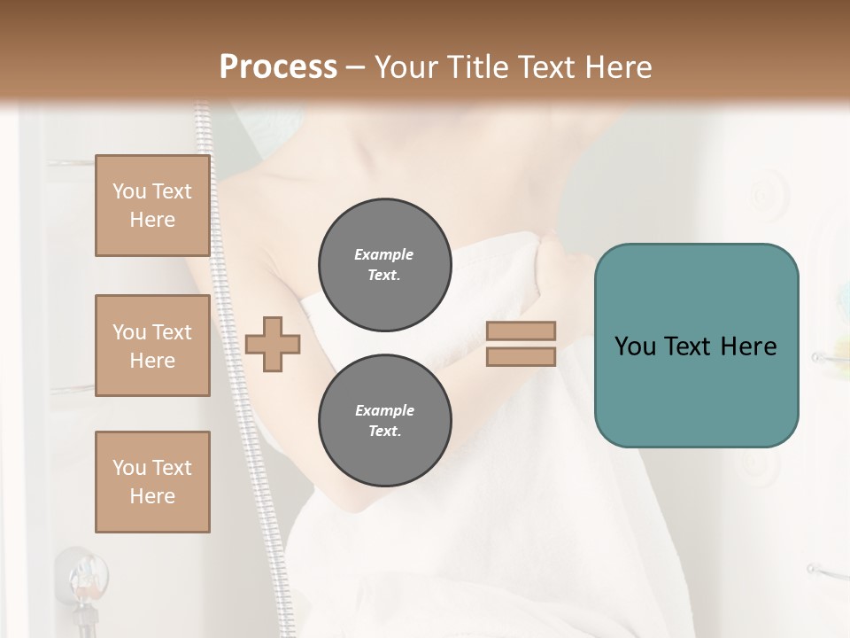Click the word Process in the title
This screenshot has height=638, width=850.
coord(278,67)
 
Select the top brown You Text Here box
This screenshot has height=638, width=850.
coord(152,206)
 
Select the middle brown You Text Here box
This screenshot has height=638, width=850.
coord(152,346)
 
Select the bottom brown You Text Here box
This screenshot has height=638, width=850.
coord(152,481)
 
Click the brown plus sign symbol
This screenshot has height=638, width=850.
coord(272,345)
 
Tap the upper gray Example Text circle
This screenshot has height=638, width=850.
coord(384,264)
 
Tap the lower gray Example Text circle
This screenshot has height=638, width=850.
coord(384,420)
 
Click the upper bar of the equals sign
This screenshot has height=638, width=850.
coord(521,331)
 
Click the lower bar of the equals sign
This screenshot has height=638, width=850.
coord(521,357)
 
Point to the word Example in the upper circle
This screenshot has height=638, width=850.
coord(384,254)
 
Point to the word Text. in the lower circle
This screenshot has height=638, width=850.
coord(384,431)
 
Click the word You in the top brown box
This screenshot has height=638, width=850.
coord(129,191)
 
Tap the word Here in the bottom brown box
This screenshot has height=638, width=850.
coord(152,496)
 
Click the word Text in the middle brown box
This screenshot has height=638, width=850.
coord(172,332)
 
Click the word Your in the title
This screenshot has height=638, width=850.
coord(405,67)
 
